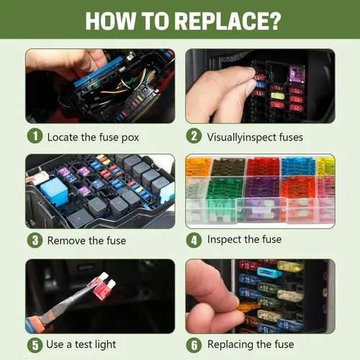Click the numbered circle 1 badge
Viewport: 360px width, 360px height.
click(35, 136)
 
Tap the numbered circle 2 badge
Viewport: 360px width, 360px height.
click(194, 136)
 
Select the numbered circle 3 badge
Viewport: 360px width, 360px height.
click(35, 240)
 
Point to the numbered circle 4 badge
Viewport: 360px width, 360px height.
click(194, 240)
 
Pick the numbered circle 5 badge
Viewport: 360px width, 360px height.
click(35, 346)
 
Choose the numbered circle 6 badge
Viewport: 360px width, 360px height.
click(194, 346)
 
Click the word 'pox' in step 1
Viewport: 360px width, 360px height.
click(130, 138)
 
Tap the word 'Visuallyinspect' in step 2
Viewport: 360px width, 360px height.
click(242, 138)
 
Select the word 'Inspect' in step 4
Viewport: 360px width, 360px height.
click(224, 240)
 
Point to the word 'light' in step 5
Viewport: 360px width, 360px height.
click(106, 345)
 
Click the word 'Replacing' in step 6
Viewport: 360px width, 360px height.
click(230, 345)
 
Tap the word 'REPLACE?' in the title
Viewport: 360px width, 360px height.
click(228, 20)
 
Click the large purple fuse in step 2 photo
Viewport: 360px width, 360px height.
click(297, 74)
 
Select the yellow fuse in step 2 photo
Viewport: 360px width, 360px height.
click(278, 96)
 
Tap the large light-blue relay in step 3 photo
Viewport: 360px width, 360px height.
click(53, 191)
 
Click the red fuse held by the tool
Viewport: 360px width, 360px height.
click(104, 287)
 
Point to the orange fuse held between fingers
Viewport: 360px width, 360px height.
click(249, 307)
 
